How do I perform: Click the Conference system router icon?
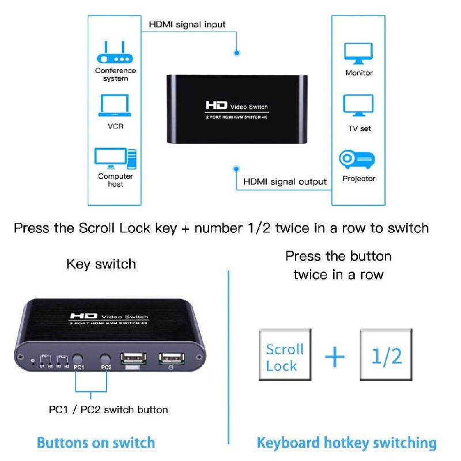pos(115,53)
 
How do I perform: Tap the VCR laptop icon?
pos(115,105)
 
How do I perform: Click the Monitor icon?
pos(358,54)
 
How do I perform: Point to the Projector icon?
pos(358,159)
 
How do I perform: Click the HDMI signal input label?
pos(187,25)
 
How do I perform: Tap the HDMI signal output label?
pos(285,182)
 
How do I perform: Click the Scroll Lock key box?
pos(285,357)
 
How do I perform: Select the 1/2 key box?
pos(386,356)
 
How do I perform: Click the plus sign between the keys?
pos(335,357)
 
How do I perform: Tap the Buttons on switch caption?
pos(96,443)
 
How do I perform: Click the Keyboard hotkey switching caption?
pos(346,443)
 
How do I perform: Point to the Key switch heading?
pos(101,264)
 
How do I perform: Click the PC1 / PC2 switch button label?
pos(108,410)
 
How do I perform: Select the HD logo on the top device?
pos(217,106)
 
